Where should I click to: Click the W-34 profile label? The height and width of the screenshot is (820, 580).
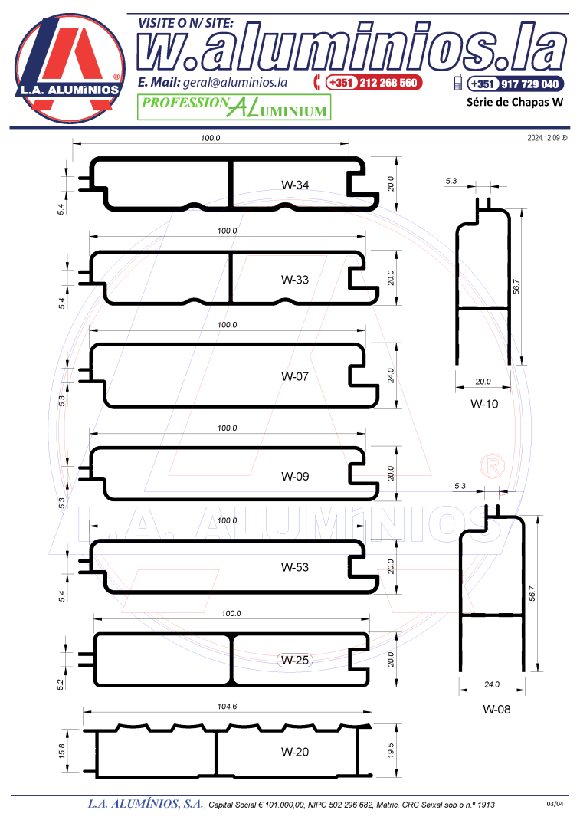(x=295, y=185)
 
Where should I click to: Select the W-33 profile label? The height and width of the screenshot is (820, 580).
(x=295, y=280)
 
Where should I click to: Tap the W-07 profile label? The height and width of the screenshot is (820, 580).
(x=295, y=376)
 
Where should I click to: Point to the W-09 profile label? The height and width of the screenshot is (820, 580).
(x=295, y=477)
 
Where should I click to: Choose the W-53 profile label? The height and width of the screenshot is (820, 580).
(x=295, y=567)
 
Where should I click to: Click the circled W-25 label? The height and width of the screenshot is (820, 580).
(x=295, y=661)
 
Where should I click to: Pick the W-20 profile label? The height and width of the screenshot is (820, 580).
(x=295, y=752)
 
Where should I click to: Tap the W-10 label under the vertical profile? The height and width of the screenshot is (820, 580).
(x=484, y=404)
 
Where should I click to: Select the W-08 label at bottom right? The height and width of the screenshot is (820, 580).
(x=496, y=710)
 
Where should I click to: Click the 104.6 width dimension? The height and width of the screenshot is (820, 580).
(x=228, y=707)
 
